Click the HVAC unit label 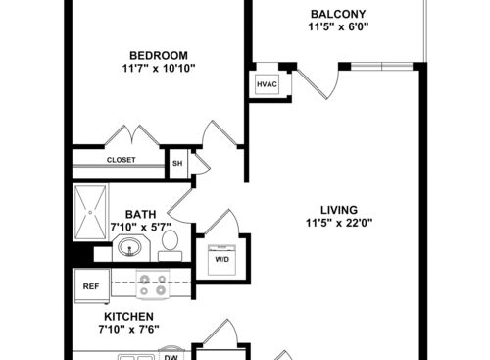[267, 84]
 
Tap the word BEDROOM [159, 55]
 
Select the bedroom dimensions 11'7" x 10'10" [159, 69]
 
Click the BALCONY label [338, 14]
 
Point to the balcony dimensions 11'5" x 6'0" [338, 26]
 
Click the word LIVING [339, 210]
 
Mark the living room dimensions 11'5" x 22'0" [339, 223]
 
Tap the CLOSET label [121, 160]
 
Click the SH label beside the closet [177, 163]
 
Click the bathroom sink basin [129, 247]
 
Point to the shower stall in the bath [90, 212]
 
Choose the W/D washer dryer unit [221, 260]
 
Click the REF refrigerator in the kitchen [92, 286]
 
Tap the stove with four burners [153, 284]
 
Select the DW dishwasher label [171, 357]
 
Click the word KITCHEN [128, 317]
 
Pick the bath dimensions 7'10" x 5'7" [141, 227]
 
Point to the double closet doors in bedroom [131, 135]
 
